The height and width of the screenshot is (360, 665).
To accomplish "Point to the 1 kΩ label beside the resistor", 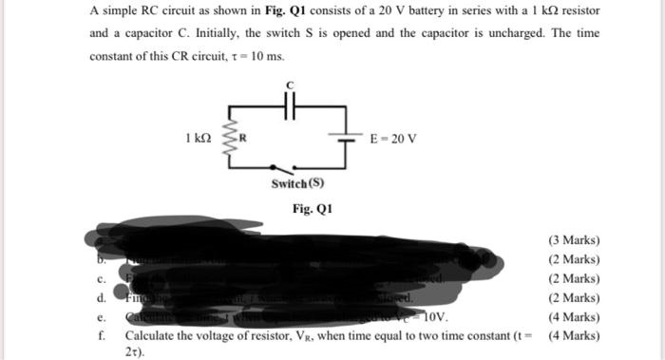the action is click(199, 139).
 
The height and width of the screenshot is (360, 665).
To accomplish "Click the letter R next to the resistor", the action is click(243, 140).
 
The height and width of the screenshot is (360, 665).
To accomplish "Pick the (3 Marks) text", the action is click(574, 241).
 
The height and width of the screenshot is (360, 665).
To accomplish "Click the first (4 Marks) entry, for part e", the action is click(574, 317).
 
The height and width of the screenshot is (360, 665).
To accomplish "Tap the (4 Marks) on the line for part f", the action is click(574, 335).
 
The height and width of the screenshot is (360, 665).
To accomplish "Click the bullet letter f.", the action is click(100, 335).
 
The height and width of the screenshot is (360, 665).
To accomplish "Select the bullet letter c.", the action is click(100, 279).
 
